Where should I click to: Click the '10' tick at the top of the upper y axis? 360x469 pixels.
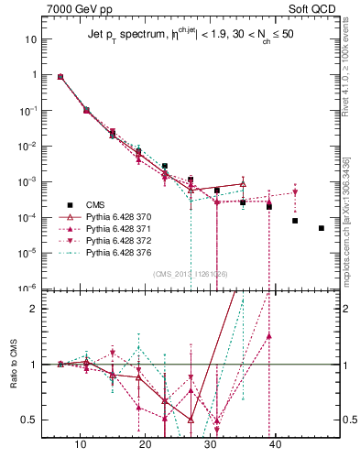[31, 39]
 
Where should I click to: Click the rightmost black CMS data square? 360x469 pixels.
[322, 228]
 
